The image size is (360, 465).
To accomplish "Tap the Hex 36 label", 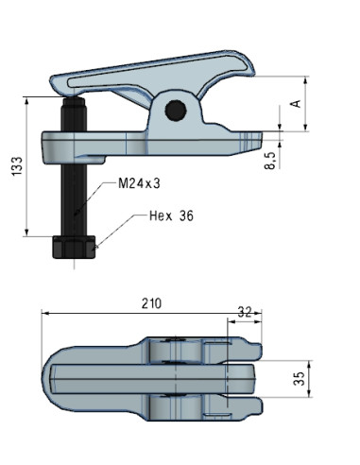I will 171,215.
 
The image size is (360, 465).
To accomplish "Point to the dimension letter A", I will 296,102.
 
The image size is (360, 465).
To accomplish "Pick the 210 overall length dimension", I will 152,303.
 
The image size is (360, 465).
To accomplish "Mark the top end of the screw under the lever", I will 75,98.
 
